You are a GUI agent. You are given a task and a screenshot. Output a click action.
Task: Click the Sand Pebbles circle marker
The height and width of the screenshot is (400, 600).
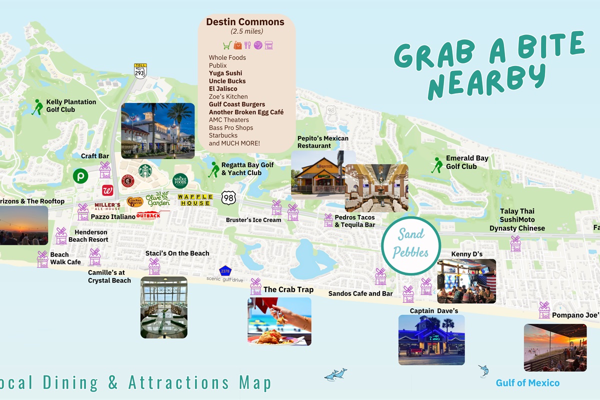(410, 245)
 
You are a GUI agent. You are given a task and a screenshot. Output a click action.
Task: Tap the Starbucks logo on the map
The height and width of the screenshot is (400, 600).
(145, 171)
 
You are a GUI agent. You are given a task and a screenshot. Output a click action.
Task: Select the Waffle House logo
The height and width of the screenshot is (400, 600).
(195, 200)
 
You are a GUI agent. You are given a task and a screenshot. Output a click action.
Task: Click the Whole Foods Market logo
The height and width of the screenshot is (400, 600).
(180, 180)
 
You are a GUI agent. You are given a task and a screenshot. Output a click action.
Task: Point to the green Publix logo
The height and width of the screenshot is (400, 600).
(80, 176)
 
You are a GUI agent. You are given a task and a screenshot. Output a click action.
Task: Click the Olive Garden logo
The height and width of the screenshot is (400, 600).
(158, 199)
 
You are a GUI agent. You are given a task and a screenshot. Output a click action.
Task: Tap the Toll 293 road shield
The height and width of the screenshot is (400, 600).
(140, 71)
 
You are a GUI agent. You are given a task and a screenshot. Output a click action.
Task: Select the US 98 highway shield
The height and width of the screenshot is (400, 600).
(228, 198)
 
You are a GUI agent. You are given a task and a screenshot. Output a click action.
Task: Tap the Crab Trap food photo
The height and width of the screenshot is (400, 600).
(279, 321)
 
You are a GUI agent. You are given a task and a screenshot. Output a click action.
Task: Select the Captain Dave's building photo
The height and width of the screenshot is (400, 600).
(431, 339)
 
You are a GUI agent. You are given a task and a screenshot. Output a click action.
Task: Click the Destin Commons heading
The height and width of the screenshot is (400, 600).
(245, 22)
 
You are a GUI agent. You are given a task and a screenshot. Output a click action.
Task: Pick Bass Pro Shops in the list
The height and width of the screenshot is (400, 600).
(230, 127)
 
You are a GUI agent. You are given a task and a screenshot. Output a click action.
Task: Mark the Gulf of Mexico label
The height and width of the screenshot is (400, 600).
(527, 383)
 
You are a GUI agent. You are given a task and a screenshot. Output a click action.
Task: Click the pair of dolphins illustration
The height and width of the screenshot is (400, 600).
(335, 374)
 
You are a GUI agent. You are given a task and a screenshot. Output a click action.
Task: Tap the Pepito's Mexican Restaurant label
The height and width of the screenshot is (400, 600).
(322, 142)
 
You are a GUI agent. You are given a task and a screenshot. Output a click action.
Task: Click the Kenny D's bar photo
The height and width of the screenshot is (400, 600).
(466, 281)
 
